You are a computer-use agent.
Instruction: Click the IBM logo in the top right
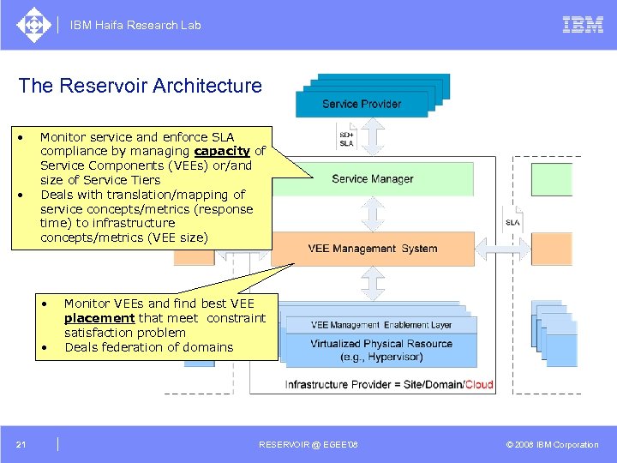(x=583, y=25)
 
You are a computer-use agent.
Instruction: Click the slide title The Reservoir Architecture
(x=140, y=86)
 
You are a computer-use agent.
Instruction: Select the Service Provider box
(x=361, y=104)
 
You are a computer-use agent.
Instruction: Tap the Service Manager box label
(x=372, y=179)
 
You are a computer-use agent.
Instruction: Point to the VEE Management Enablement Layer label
(x=381, y=325)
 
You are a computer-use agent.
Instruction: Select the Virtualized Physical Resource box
(x=381, y=350)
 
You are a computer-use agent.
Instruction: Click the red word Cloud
(x=479, y=384)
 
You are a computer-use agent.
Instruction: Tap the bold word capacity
(x=221, y=151)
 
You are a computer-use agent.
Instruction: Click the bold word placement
(x=99, y=318)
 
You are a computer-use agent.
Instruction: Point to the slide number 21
(x=21, y=444)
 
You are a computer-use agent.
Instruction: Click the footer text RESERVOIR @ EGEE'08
(x=308, y=444)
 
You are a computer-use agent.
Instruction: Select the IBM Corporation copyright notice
(x=552, y=444)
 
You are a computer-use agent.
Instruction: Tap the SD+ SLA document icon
(x=346, y=138)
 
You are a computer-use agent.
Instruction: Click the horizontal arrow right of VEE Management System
(x=497, y=249)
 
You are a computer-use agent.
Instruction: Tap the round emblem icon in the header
(x=33, y=25)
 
